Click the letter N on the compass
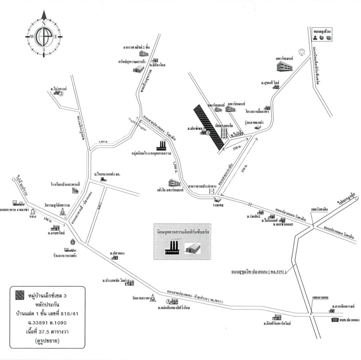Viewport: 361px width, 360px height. click(x=44, y=24)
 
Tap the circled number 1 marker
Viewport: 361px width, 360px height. click(x=208, y=133)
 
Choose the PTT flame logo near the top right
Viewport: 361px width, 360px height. click(x=302, y=51)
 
